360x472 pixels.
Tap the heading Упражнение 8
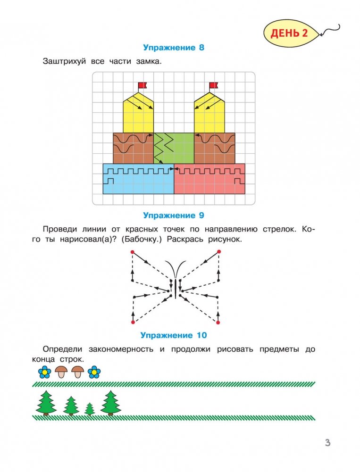pyautogui.click(x=173, y=47)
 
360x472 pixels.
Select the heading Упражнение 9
pyautogui.click(x=173, y=215)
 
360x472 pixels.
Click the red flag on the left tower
pyautogui.click(x=142, y=85)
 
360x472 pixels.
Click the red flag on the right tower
pyautogui.click(x=213, y=85)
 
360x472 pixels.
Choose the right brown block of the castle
pyautogui.click(x=215, y=148)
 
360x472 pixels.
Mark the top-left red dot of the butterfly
pyautogui.click(x=133, y=252)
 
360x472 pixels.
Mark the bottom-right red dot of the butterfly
pyautogui.click(x=218, y=322)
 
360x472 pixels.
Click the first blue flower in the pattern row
pyautogui.click(x=44, y=372)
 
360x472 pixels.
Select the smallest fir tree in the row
pyautogui.click(x=90, y=408)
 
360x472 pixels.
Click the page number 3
pyautogui.click(x=327, y=443)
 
